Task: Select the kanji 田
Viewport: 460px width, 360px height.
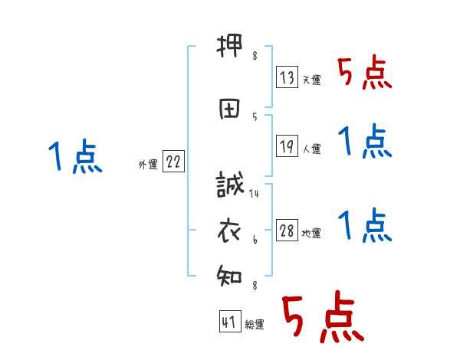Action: [x=230, y=108]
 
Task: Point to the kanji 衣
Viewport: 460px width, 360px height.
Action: [x=230, y=229]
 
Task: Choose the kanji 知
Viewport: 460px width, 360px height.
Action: [x=230, y=273]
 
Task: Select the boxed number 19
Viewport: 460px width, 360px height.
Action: [x=287, y=146]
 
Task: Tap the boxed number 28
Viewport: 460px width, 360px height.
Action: [x=287, y=230]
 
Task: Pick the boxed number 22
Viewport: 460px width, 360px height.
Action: [x=173, y=163]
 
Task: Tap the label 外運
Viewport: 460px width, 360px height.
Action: [x=147, y=165]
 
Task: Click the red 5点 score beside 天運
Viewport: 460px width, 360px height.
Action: [x=364, y=74]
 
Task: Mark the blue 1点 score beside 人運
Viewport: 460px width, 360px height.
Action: [x=364, y=142]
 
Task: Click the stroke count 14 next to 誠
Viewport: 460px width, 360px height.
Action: [x=254, y=194]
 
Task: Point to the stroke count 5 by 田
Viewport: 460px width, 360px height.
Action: [x=254, y=116]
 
